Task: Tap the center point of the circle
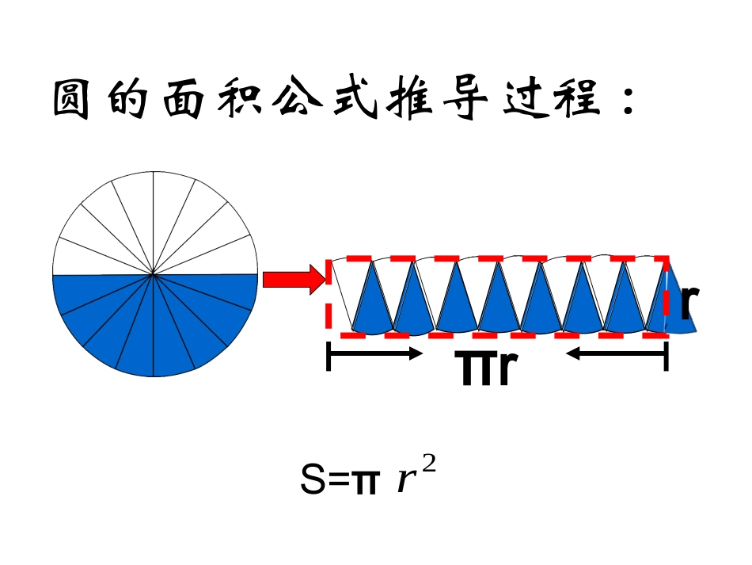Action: (x=154, y=274)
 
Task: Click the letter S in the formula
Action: (x=313, y=480)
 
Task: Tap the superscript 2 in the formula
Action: (x=430, y=467)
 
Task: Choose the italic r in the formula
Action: (x=405, y=482)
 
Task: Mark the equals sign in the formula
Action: (x=338, y=481)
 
